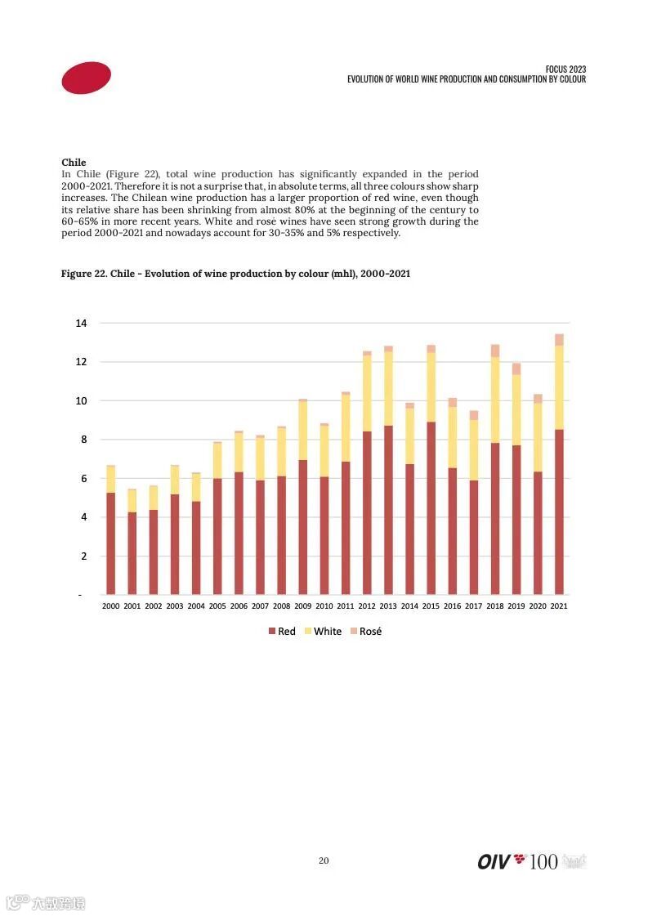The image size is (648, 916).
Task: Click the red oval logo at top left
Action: pos(86,78)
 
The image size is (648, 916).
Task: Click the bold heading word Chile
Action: pos(74,163)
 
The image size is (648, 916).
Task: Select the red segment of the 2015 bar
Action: pos(431,507)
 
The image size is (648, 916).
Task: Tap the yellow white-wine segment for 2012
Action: pos(367,393)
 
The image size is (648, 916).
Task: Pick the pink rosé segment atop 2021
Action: pos(559,339)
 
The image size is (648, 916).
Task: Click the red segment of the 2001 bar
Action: pos(132,552)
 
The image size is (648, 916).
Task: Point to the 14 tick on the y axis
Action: pos(81,324)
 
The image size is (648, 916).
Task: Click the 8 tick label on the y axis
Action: pos(81,440)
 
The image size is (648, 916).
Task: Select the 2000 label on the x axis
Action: pos(110,606)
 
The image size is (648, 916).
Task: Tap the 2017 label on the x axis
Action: pos(474,606)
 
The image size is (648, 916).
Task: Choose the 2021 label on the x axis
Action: pos(559,606)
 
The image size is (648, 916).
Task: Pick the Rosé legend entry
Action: pos(366,631)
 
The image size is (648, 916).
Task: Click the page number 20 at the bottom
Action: pos(324,860)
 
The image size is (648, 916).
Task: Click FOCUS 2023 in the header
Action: pos(565,69)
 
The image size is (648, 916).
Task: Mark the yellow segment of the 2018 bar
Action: pos(495,400)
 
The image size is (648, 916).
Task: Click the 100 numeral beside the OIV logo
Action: pos(543,861)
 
